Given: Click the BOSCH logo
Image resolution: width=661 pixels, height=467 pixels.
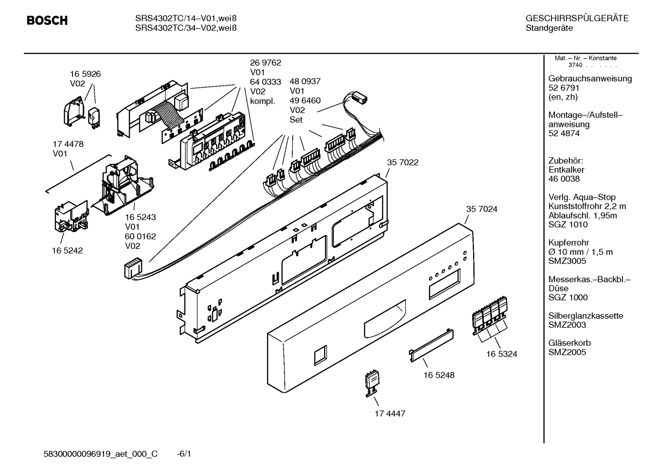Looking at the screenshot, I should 47,21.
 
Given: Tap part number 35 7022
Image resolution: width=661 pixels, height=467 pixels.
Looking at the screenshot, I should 402,162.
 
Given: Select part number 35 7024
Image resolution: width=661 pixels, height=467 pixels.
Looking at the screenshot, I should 481,209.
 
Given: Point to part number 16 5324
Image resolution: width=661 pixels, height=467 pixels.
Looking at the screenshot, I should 501,354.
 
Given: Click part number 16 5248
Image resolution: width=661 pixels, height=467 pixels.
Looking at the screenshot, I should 439,375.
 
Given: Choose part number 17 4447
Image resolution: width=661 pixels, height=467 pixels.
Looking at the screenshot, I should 390,413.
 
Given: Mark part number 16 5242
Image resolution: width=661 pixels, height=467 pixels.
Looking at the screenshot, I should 67,251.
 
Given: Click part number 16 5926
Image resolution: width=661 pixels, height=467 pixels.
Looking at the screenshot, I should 85,74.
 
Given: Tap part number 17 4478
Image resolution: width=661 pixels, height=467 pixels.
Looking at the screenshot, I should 68,144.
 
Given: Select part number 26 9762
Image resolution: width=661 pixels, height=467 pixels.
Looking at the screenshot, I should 265,63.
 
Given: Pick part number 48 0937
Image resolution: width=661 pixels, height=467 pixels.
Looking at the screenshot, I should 305,81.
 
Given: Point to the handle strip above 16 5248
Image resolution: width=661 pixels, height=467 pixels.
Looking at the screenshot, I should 431,341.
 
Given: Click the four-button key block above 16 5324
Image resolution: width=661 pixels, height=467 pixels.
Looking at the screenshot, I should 490,314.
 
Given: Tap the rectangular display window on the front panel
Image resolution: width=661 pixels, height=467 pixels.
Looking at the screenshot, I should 443,284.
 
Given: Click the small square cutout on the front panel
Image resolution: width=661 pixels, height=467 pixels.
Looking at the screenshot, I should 321,355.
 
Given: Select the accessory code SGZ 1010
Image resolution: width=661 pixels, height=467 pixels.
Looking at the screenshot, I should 567,225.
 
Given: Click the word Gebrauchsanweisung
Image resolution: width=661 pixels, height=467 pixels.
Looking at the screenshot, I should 590,78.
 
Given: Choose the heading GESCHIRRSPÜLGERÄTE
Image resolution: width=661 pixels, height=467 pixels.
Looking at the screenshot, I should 577,19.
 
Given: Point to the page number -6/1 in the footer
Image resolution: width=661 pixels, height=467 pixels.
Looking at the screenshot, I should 184,454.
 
